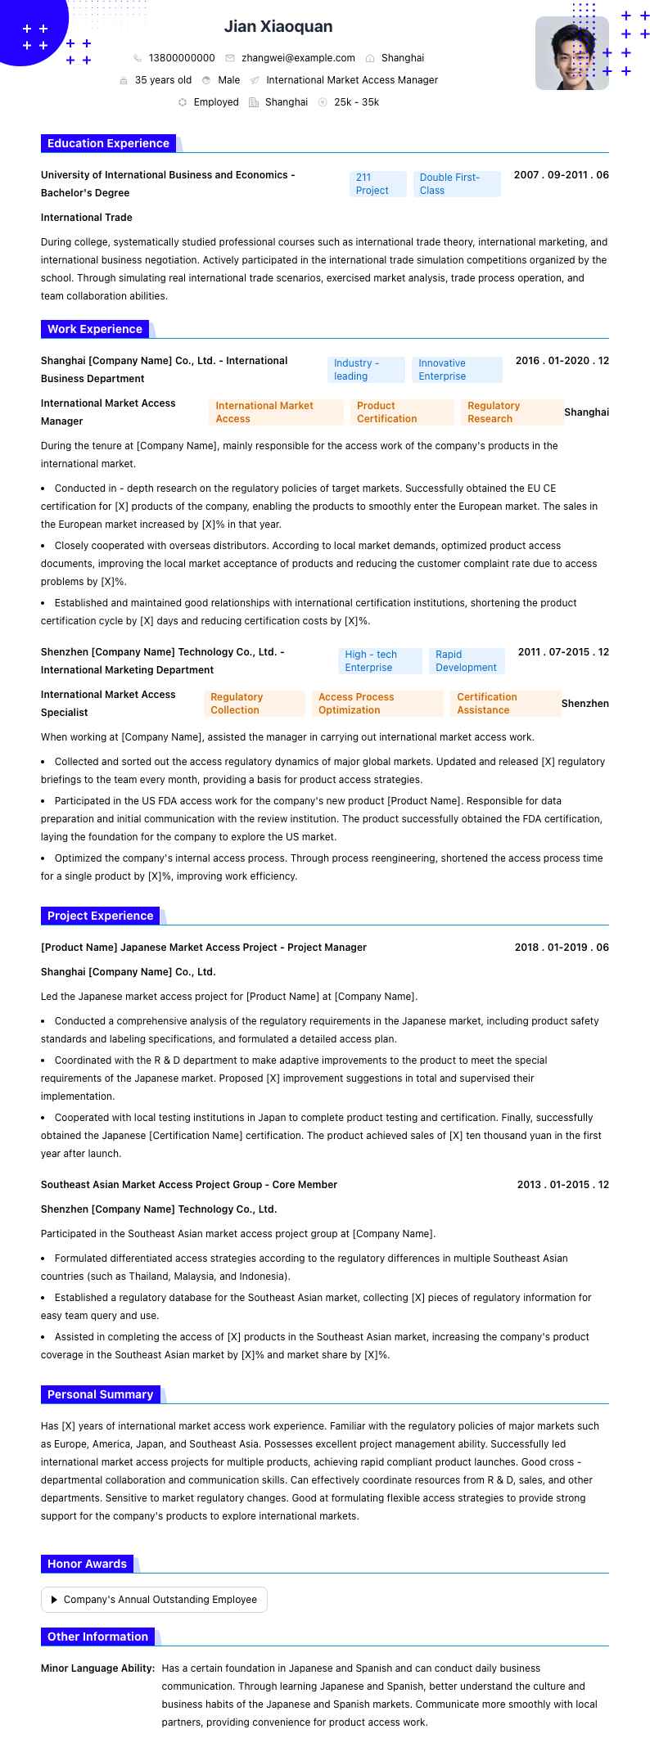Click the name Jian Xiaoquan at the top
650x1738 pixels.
[x=278, y=27]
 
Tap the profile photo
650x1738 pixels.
[x=571, y=53]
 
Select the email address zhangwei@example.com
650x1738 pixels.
[x=298, y=58]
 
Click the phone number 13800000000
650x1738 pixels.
[x=182, y=58]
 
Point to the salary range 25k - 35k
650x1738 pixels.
[x=356, y=102]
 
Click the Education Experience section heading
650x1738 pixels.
[x=108, y=143]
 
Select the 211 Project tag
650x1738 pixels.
[x=377, y=184]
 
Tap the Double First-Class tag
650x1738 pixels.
[x=457, y=184]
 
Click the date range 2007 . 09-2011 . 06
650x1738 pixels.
[x=561, y=175]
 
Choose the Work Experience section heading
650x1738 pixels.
[x=95, y=329]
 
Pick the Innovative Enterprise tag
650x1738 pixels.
[x=456, y=370]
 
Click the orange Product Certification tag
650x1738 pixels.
[x=401, y=412]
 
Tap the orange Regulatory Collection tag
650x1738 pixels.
[x=254, y=704]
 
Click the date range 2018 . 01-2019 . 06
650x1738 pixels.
[x=562, y=948]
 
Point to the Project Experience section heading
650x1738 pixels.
[x=100, y=916]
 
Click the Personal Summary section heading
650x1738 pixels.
[x=100, y=1394]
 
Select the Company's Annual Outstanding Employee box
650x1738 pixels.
[x=154, y=1600]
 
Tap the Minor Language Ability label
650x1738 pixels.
[x=98, y=1668]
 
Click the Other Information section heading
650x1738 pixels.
[x=97, y=1637]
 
